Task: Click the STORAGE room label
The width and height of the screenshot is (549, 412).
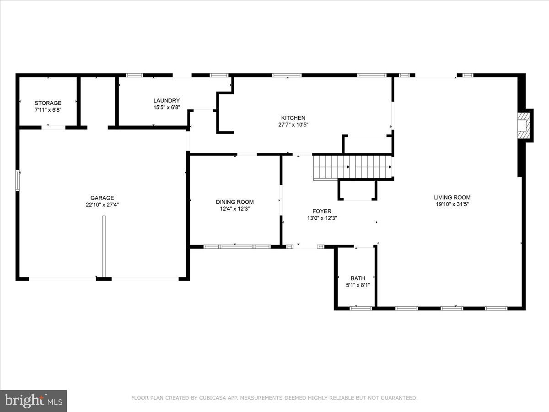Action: click(48, 103)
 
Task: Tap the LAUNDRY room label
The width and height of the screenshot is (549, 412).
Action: click(167, 101)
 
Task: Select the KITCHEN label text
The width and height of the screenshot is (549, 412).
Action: click(293, 118)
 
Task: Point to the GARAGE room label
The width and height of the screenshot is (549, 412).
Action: click(102, 198)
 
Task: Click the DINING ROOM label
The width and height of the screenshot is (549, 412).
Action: click(235, 202)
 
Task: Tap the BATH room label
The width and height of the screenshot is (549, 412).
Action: click(358, 278)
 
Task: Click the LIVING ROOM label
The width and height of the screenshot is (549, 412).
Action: click(452, 198)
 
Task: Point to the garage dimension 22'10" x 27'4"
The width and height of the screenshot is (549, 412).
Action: click(102, 205)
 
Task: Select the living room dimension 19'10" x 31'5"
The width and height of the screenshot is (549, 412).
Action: click(452, 205)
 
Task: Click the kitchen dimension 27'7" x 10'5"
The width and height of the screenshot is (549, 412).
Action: click(293, 125)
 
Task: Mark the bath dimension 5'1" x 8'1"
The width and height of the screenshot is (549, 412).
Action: click(358, 285)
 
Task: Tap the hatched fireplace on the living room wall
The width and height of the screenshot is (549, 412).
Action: click(522, 125)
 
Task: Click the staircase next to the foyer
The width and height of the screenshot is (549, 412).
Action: click(353, 167)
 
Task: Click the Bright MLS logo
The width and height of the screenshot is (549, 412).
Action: click(33, 401)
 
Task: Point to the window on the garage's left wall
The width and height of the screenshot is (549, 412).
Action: click(18, 180)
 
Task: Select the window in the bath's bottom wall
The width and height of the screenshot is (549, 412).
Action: click(361, 309)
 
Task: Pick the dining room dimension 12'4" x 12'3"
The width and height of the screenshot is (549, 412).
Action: click(235, 209)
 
